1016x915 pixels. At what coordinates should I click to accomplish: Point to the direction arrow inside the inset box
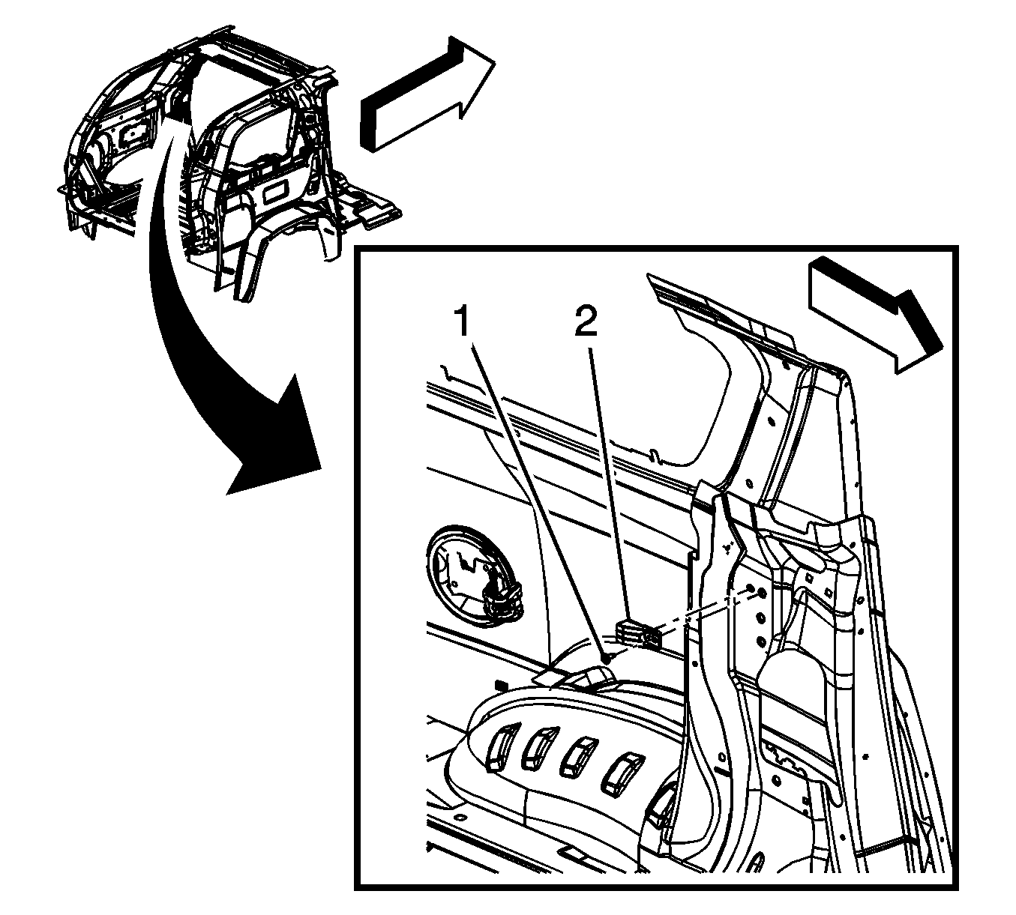point(877,315)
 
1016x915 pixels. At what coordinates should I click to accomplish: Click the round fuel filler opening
point(474,582)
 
